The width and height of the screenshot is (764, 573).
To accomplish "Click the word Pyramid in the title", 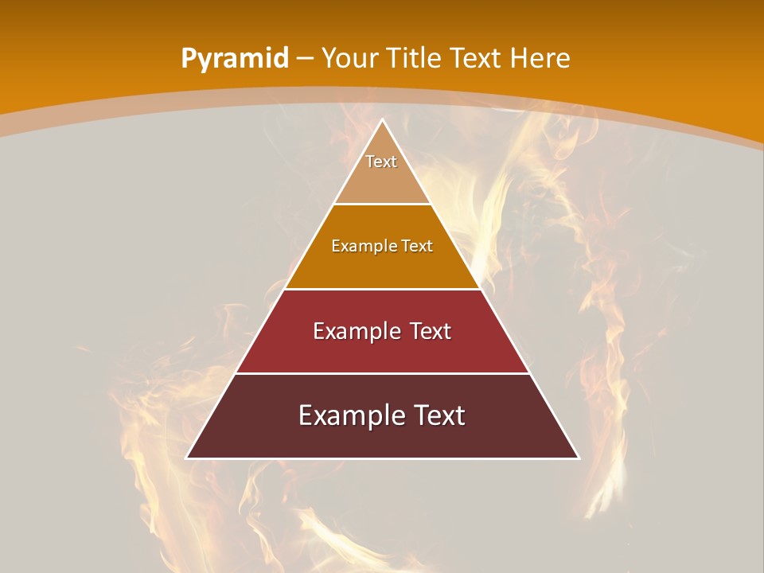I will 234,59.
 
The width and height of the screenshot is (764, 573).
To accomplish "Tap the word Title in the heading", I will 416,59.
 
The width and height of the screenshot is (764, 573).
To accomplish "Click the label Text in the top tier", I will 381,162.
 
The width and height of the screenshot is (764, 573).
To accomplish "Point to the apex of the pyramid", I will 382,120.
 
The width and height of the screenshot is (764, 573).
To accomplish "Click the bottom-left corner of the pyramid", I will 187,458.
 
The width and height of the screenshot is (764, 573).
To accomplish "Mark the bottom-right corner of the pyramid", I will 578,458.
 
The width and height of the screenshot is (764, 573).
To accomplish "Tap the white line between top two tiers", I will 382,205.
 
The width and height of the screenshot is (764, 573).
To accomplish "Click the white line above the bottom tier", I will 382,373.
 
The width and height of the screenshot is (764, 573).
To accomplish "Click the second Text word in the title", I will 476,59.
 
